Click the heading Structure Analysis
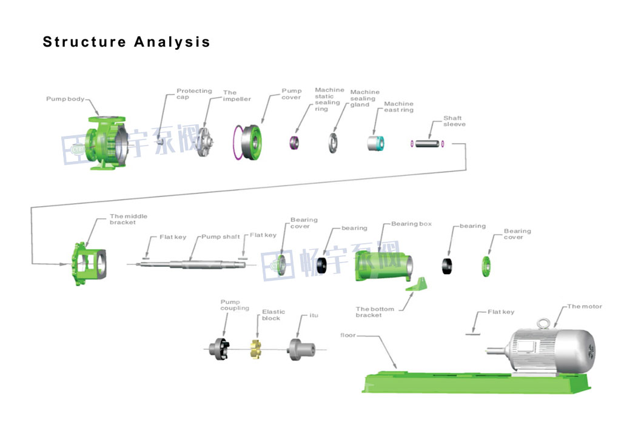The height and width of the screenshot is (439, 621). coord(126,42)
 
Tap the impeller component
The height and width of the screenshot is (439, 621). coord(206,142)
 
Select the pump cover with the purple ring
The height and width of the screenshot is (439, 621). coord(249,142)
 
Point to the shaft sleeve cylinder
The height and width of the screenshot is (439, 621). coord(428,144)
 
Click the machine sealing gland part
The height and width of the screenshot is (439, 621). coord(333,142)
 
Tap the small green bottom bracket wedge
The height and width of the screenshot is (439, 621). coord(417,284)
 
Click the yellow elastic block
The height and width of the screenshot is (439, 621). coord(258,349)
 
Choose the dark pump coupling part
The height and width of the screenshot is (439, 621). coord(220,349)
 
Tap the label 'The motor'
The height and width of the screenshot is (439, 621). coord(585,306)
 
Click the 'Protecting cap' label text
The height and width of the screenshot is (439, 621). coord(194,94)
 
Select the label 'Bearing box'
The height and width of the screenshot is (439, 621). coord(411,224)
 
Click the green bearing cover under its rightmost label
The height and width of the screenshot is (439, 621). coord(486,266)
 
